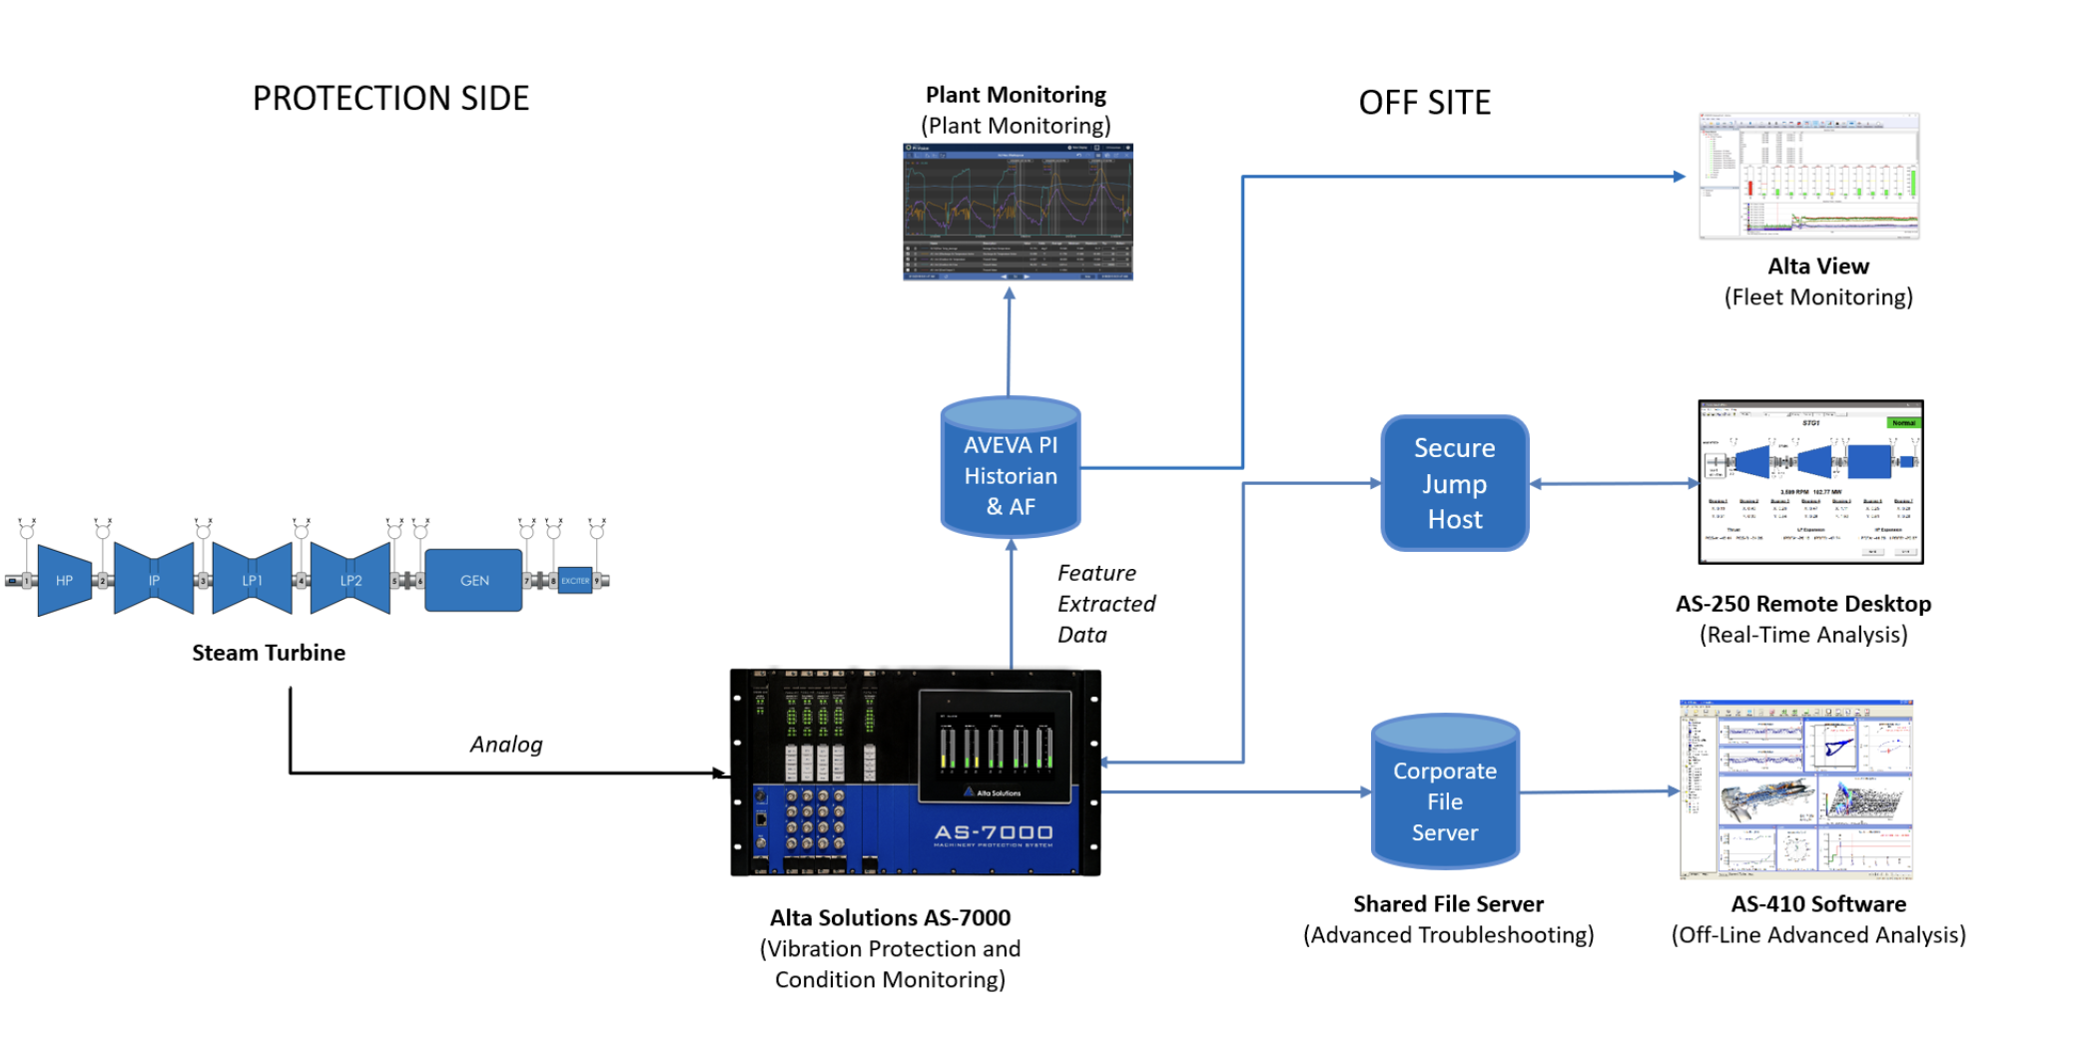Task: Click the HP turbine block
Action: [x=63, y=580]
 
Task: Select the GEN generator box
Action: [x=473, y=580]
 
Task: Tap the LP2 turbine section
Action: [x=350, y=580]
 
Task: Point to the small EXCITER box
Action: [x=574, y=580]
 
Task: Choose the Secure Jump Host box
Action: [x=1454, y=483]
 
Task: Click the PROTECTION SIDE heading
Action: [x=390, y=98]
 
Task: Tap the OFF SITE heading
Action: [x=1424, y=102]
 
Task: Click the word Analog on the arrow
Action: [x=506, y=744]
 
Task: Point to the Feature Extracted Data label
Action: [x=1104, y=603]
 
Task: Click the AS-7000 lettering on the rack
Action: [x=993, y=832]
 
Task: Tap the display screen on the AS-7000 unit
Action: [x=995, y=744]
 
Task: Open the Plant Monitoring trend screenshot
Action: [x=1018, y=212]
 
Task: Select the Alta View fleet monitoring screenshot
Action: [x=1808, y=176]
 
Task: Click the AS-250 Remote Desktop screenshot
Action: [x=1810, y=482]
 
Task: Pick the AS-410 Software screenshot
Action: [x=1795, y=788]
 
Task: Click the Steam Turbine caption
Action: [x=269, y=653]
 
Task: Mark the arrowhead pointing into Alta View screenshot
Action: [x=1680, y=177]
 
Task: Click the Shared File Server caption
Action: [x=1448, y=903]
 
